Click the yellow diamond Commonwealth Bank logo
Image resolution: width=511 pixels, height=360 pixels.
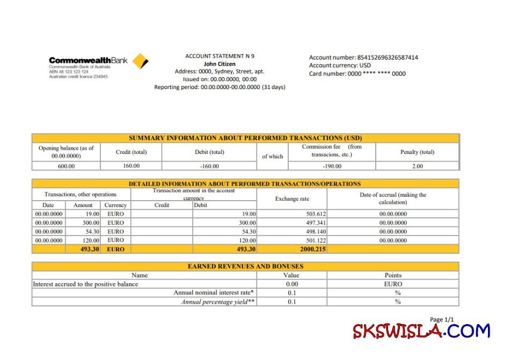[140, 61]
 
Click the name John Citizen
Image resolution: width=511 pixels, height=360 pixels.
[220, 63]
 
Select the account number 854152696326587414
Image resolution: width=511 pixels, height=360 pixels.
[387, 57]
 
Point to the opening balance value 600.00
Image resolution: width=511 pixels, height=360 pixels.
[66, 166]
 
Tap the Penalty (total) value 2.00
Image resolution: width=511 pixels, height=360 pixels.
[417, 166]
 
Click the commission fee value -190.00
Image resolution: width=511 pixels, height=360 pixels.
[332, 166]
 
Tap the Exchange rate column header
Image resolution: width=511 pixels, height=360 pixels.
[292, 199]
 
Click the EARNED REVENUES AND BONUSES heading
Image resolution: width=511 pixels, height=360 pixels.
[245, 266]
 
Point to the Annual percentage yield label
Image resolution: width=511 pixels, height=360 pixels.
[218, 302]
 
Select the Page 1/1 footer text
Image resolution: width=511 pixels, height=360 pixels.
[442, 320]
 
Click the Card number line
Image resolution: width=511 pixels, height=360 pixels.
[357, 74]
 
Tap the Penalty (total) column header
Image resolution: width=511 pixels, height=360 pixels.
[417, 152]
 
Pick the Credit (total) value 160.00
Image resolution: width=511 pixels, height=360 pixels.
[131, 166]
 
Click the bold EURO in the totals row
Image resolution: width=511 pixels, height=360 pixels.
[115, 249]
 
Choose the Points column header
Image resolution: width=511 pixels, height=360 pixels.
[393, 275]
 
